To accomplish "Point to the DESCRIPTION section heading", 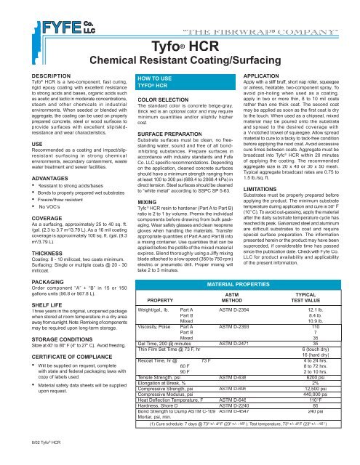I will [x=29, y=75].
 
